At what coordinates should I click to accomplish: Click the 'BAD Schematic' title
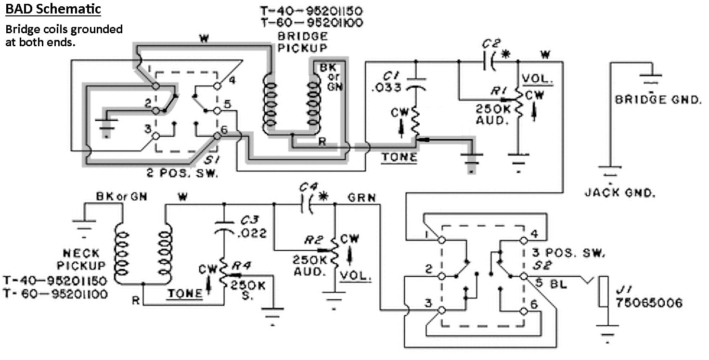tap(53, 9)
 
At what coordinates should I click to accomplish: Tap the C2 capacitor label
tap(491, 44)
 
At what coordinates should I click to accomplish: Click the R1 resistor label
tap(499, 91)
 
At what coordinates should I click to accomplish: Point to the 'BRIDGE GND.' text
tap(658, 100)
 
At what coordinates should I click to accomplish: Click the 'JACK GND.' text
tap(619, 193)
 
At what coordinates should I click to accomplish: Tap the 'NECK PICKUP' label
tap(81, 259)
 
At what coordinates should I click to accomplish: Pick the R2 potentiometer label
tap(314, 240)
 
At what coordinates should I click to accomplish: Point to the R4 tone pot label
tap(242, 266)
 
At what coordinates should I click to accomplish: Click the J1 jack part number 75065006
tap(649, 303)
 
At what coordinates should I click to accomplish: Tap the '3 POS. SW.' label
tap(568, 253)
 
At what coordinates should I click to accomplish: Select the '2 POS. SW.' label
tap(182, 173)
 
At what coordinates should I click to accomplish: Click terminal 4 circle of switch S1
tap(217, 86)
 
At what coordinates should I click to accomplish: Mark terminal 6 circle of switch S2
tap(524, 311)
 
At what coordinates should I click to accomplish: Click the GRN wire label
tap(361, 198)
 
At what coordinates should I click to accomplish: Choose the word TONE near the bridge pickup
tap(399, 157)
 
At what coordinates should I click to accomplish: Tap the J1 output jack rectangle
tap(603, 292)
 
